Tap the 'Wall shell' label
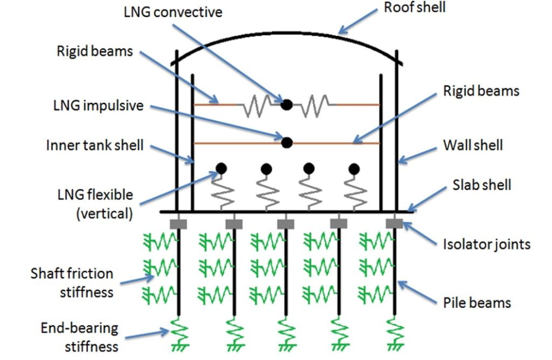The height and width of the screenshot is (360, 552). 473,145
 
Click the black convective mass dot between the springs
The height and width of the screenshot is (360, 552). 287,105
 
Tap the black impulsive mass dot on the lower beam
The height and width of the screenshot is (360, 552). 287,142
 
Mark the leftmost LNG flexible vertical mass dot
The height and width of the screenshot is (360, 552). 220,169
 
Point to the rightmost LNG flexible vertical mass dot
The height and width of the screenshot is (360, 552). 354,169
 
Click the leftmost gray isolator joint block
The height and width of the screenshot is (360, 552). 177,223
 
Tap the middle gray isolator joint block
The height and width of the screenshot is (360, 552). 285,223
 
